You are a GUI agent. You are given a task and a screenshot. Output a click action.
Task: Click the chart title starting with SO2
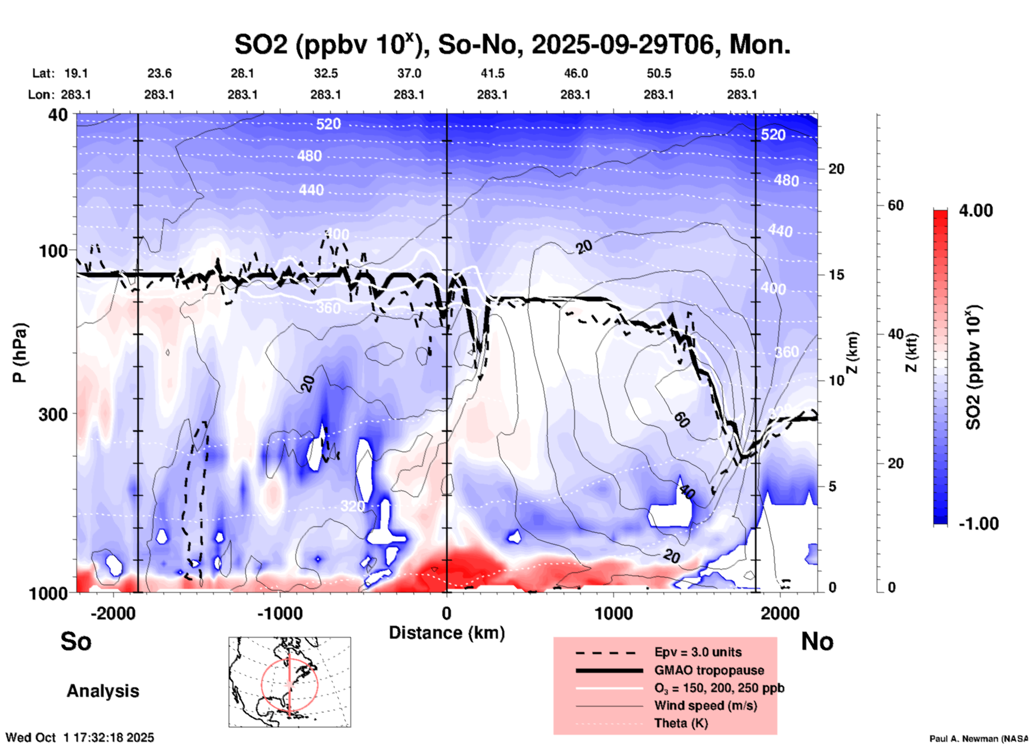512,45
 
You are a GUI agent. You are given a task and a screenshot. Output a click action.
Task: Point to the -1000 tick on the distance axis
279,614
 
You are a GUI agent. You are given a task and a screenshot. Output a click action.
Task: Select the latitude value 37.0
409,73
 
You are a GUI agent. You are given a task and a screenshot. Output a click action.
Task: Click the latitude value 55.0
742,73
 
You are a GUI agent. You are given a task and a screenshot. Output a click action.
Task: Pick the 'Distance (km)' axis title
447,633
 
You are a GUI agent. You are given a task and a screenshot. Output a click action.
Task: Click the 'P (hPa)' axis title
20,353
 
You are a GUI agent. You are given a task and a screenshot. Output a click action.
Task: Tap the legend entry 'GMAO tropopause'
709,670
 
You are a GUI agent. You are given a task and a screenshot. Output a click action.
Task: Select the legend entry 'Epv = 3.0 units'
698,652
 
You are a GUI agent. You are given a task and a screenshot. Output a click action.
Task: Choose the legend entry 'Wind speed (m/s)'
705,705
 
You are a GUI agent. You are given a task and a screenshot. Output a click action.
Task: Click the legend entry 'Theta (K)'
681,723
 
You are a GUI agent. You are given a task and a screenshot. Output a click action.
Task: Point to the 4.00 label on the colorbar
976,211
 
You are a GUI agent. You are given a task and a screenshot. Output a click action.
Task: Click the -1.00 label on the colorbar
978,524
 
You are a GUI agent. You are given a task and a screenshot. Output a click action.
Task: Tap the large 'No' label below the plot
817,641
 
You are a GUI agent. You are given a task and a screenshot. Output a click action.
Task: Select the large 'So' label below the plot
76,641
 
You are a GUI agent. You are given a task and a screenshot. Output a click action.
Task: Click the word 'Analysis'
103,691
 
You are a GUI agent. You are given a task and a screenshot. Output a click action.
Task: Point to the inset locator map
290,682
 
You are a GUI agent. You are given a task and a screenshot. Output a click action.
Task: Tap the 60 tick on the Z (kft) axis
895,205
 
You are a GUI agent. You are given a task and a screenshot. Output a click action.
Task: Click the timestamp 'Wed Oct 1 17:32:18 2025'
80,738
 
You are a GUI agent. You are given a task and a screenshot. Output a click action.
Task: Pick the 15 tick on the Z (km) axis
836,275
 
